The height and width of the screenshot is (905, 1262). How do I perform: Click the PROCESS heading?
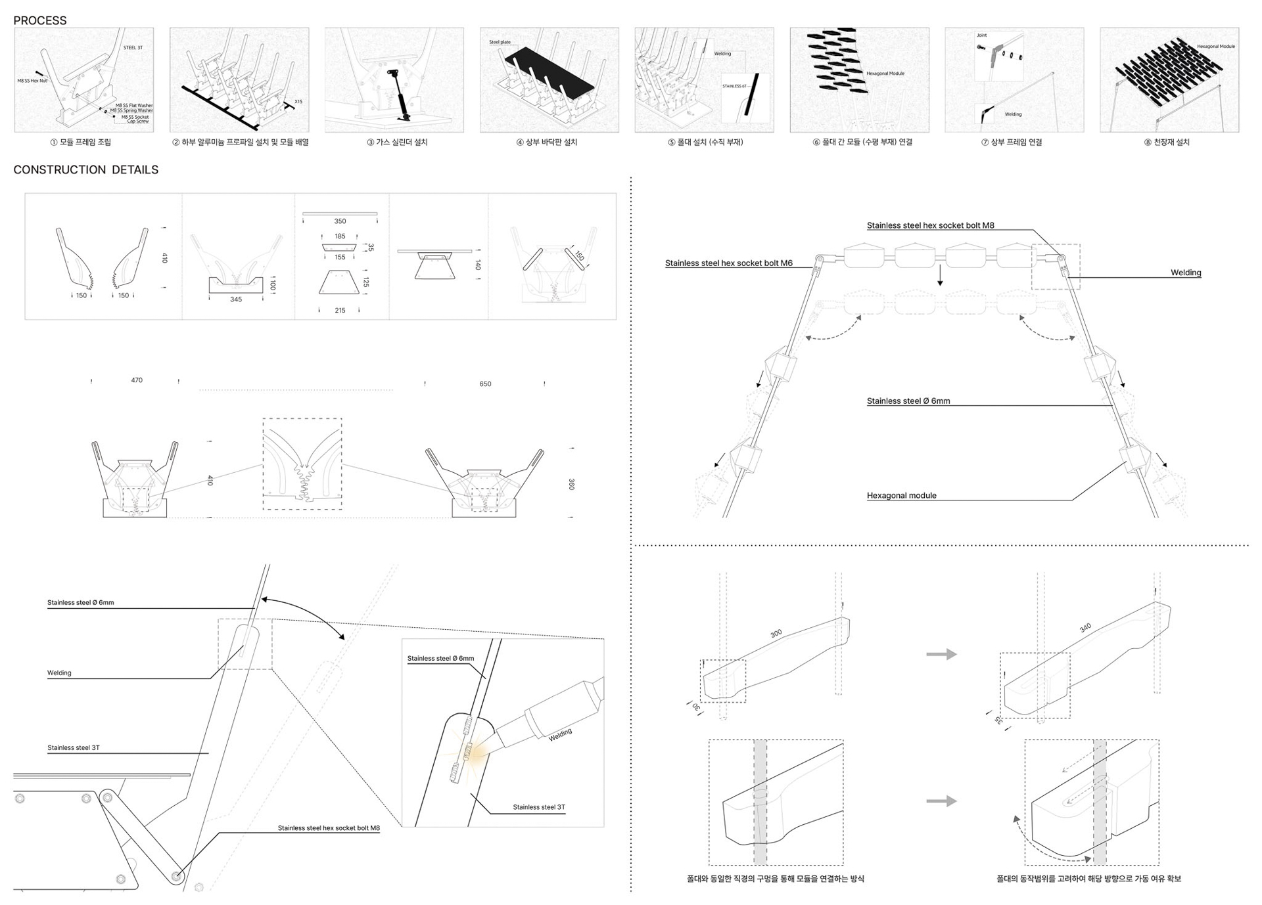point(39,20)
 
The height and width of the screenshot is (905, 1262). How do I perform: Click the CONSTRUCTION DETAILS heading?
point(85,169)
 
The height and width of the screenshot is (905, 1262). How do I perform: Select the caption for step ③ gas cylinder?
point(397,143)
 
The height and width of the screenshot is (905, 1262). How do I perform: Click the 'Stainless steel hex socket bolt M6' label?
point(728,263)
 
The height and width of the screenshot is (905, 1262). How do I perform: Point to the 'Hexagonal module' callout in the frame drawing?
point(901,496)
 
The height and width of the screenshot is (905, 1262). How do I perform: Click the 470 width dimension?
point(137,380)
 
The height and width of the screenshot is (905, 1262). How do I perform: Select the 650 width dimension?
point(485,384)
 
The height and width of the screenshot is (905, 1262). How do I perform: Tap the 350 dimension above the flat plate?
point(340,221)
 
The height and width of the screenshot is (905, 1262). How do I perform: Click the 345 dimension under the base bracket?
point(236,299)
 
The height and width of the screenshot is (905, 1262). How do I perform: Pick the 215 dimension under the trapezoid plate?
point(340,311)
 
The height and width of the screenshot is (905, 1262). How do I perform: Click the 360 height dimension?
point(571,484)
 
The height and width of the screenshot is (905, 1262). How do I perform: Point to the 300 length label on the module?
point(776,633)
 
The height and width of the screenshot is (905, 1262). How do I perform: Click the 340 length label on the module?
point(1085,628)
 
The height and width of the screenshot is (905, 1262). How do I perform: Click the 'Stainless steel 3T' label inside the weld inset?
point(539,807)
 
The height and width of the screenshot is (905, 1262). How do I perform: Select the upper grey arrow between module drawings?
point(941,654)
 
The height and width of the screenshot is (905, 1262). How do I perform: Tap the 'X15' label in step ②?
point(298,102)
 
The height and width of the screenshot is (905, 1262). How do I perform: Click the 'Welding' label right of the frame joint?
point(1186,273)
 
